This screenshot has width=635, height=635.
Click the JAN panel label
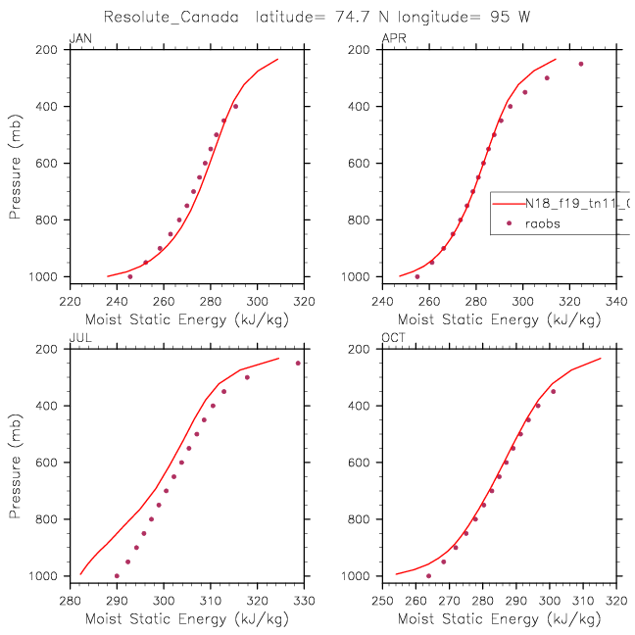tap(78, 38)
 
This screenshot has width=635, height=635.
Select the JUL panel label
tap(78, 338)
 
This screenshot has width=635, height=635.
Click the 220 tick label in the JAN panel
tap(70, 303)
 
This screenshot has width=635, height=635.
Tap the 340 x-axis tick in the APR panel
tap(616, 303)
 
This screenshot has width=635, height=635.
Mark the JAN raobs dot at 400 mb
tap(235, 106)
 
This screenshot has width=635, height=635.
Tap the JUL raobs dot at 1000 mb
tap(117, 576)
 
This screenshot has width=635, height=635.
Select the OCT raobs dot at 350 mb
tap(553, 391)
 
